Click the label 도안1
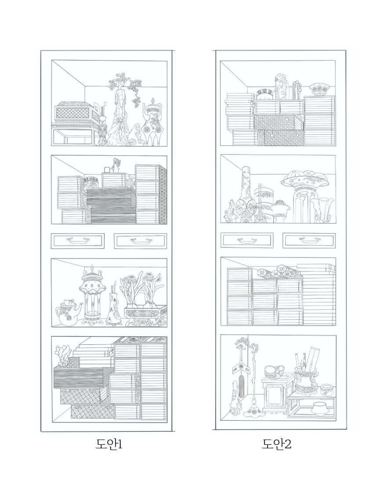(x=109, y=444)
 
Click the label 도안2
(x=276, y=444)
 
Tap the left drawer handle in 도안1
(x=78, y=240)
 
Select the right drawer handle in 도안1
(x=140, y=240)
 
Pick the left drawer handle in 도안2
(x=247, y=240)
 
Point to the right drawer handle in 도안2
(x=309, y=240)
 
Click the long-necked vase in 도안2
(x=246, y=195)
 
